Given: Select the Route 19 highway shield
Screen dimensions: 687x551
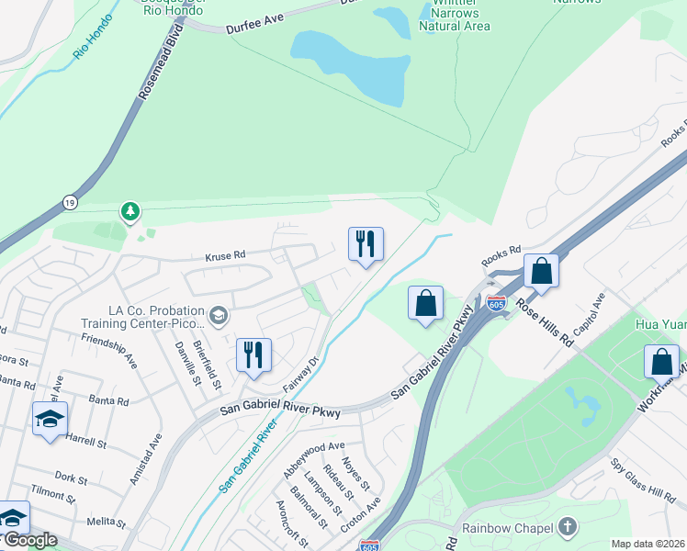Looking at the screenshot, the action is (70, 201).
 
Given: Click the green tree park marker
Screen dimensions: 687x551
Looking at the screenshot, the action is (130, 212).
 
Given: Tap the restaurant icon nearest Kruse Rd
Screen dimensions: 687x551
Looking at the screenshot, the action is (366, 244).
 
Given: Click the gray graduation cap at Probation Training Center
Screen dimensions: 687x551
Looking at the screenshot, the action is (218, 317).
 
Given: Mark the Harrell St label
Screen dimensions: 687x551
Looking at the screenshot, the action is (86, 440).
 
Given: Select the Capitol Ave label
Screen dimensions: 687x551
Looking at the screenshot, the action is (588, 314).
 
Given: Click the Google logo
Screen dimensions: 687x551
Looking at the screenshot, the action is (29, 541).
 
